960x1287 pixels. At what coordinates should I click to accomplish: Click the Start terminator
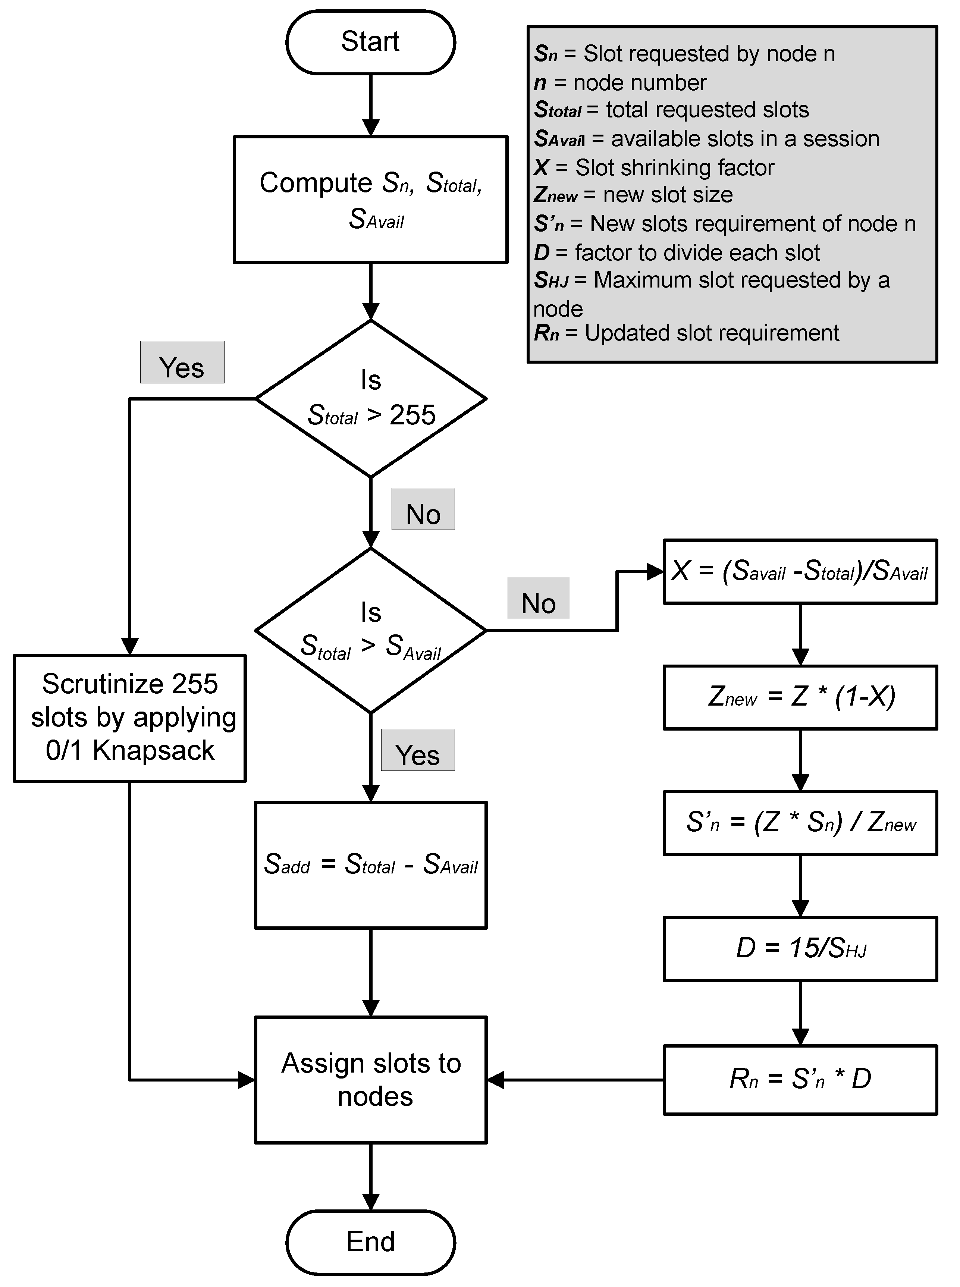pyautogui.click(x=370, y=42)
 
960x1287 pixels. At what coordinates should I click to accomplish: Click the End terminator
pyautogui.click(x=370, y=1242)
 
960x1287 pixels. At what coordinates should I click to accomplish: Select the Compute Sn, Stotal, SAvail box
pyautogui.click(x=370, y=199)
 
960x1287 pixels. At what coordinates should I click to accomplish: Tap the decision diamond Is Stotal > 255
pyautogui.click(x=370, y=399)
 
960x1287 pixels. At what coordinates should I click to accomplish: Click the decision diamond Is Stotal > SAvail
pyautogui.click(x=370, y=630)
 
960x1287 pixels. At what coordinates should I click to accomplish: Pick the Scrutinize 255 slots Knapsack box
pyautogui.click(x=129, y=718)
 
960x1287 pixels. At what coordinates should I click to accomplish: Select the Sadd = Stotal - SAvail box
pyautogui.click(x=370, y=864)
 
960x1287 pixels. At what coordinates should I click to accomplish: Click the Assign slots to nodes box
pyautogui.click(x=370, y=1080)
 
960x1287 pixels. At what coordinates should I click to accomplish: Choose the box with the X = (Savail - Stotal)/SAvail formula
pyautogui.click(x=800, y=572)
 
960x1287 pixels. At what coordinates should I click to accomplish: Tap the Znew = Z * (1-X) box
pyautogui.click(x=800, y=697)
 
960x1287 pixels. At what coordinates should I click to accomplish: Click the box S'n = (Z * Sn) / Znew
pyautogui.click(x=800, y=823)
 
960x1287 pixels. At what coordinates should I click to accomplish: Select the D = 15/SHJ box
pyautogui.click(x=800, y=949)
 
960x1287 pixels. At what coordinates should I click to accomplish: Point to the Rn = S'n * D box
pyautogui.click(x=800, y=1080)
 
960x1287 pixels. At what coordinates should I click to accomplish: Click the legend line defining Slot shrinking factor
pyautogui.click(x=654, y=167)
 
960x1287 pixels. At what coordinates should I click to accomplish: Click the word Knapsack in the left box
pyautogui.click(x=153, y=750)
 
